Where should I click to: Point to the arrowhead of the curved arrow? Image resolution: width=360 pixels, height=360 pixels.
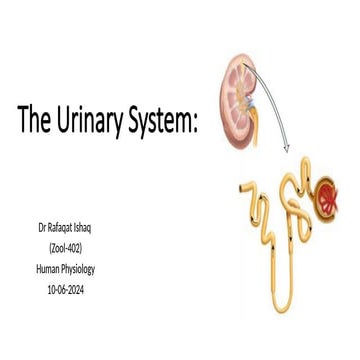click(287, 149)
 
